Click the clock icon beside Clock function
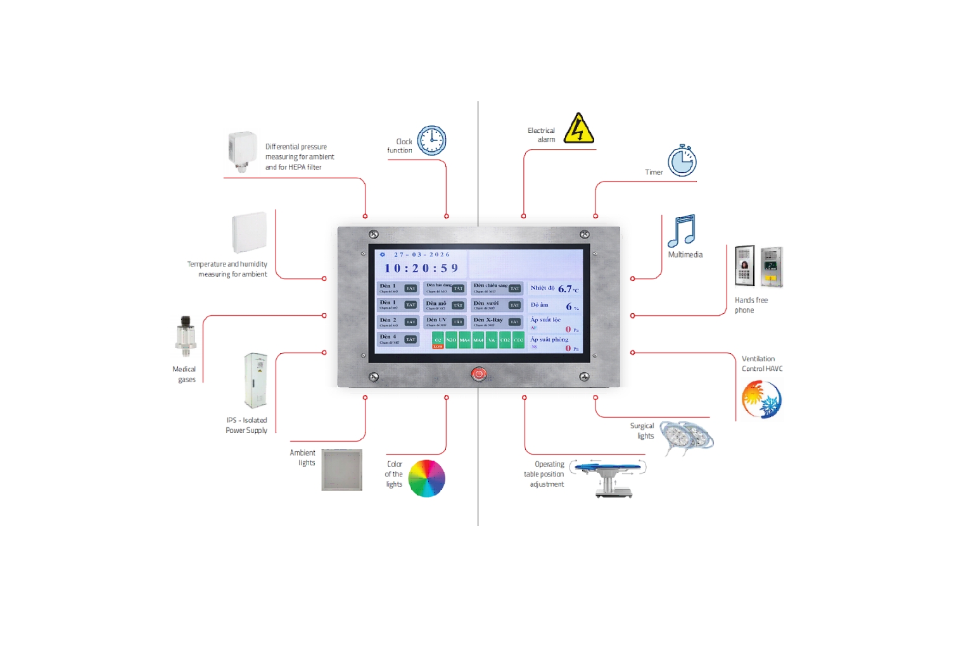(432, 140)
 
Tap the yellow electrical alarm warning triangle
(578, 129)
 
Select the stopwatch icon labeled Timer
(682, 161)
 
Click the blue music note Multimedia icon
(682, 230)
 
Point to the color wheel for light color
(426, 478)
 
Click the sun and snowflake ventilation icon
(761, 399)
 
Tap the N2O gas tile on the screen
(451, 340)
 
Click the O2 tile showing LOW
(438, 341)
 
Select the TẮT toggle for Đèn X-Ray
(514, 322)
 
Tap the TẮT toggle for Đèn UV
(458, 322)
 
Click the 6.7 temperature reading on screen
(565, 289)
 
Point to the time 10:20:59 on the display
(421, 268)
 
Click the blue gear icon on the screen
(382, 254)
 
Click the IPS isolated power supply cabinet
(256, 380)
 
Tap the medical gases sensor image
(186, 336)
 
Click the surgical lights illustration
(686, 437)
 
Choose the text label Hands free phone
(751, 305)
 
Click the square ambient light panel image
(341, 470)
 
